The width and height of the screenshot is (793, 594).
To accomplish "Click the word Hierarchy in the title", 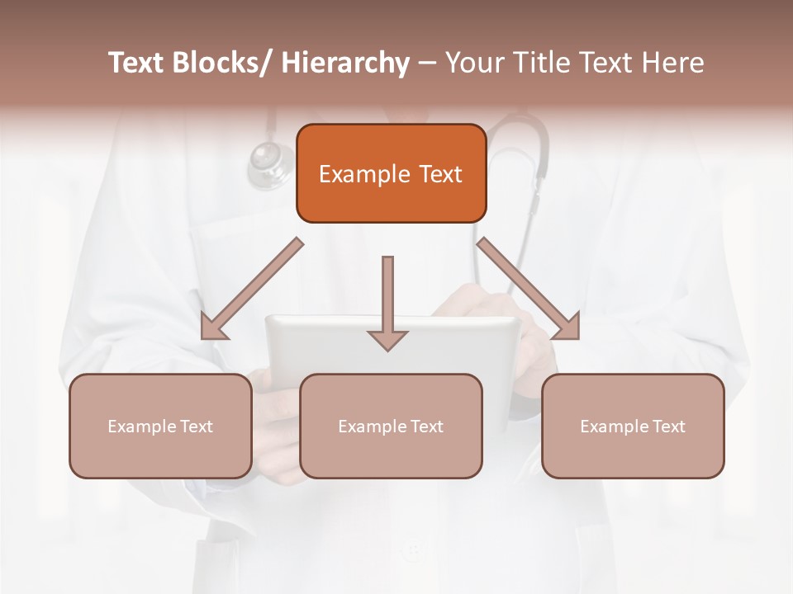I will pyautogui.click(x=345, y=63).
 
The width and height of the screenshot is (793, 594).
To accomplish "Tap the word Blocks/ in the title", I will pyautogui.click(x=217, y=63).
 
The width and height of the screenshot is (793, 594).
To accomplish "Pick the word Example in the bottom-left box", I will pyautogui.click(x=140, y=427).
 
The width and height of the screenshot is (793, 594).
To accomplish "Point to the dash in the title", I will pyautogui.click(x=427, y=63).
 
